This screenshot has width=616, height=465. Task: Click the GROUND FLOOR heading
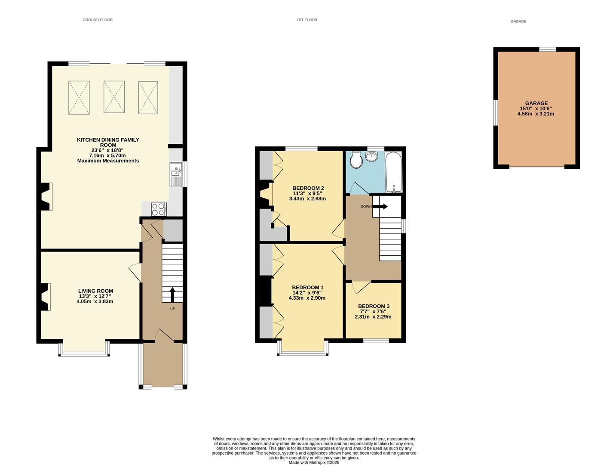point(98,20)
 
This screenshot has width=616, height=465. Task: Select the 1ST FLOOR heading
point(306,20)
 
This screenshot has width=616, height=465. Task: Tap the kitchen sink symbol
point(176,174)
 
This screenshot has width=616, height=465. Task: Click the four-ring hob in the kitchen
point(159,209)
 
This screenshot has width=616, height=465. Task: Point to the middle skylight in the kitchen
point(114,97)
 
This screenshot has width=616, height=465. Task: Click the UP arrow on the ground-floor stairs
point(172,295)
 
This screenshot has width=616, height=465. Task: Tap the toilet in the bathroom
point(356,161)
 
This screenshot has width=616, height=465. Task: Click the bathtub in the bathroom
point(393,172)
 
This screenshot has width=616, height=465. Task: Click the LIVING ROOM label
point(95,291)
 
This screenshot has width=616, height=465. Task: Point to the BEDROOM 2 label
point(308,188)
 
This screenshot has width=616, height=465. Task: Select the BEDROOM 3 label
point(374,307)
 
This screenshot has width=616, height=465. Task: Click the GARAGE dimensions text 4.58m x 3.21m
point(536,114)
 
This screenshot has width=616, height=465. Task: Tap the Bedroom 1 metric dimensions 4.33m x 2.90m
point(307,298)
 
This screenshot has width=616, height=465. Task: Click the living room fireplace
point(45,297)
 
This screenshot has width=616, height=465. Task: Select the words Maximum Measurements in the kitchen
point(108,161)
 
